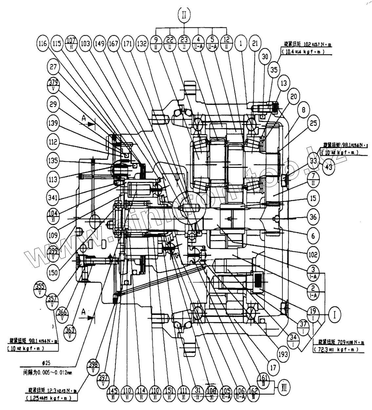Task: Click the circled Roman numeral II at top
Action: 184,15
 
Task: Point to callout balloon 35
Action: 274,70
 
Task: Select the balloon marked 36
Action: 313,217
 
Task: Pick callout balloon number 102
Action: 313,254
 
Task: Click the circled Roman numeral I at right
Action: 335,314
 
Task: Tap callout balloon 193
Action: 283,354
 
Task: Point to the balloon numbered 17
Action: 273,367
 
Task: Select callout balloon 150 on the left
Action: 52,272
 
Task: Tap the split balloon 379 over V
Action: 53,86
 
